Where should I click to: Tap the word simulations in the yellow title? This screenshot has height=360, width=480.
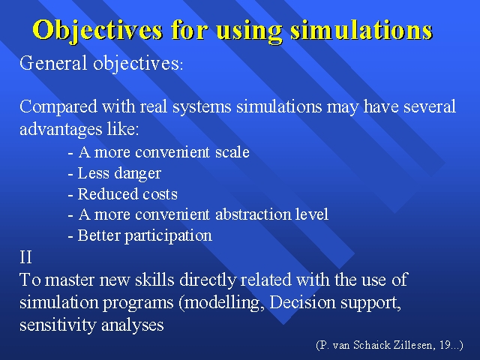click(361, 30)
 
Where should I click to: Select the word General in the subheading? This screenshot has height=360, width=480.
click(53, 63)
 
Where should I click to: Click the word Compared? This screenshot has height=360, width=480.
click(58, 107)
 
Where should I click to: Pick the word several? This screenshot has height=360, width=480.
click(430, 106)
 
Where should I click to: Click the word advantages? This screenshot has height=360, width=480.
click(61, 129)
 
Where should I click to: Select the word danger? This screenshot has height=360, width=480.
click(137, 174)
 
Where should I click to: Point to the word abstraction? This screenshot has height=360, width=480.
click(253, 214)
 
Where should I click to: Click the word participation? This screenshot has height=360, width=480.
click(168, 236)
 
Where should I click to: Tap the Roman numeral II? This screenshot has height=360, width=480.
click(25, 256)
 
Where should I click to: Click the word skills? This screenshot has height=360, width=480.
click(154, 280)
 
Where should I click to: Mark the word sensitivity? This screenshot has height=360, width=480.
click(58, 325)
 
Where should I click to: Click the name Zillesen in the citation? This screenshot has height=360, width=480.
click(413, 345)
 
